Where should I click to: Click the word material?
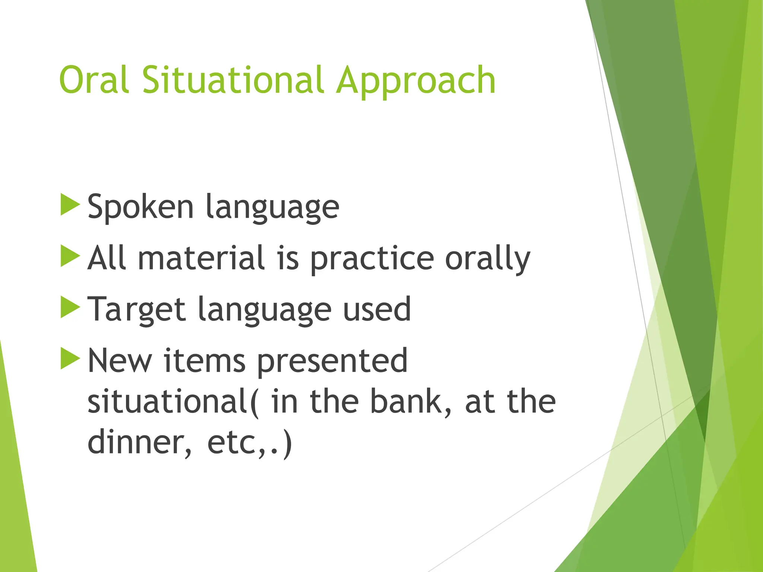[201, 258]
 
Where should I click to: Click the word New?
[120, 360]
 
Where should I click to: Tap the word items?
[204, 360]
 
